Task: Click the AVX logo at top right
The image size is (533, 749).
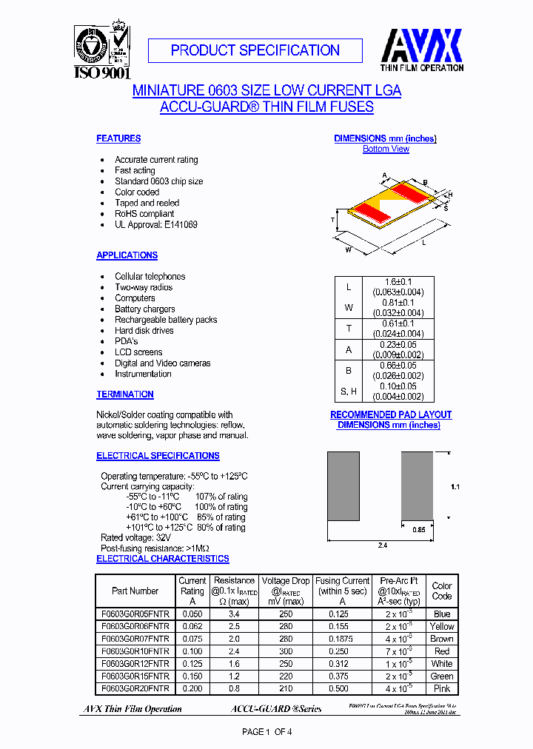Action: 422,46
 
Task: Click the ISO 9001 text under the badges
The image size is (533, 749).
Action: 102,73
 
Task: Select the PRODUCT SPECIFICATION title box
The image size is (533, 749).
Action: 255,50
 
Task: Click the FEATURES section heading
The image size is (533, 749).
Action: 118,138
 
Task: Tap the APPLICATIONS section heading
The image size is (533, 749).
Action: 127,255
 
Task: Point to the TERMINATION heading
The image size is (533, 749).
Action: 125,394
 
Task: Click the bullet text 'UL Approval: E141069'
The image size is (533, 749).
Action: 156,224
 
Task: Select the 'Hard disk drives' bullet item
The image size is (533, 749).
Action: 144,331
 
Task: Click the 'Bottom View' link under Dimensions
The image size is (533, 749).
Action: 386,149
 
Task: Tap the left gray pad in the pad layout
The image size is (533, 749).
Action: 343,486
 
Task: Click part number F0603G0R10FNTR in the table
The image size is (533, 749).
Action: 135,651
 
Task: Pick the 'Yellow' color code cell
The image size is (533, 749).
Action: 442,626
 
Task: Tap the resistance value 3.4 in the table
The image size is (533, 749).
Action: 233,614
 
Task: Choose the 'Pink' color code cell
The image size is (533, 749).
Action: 442,688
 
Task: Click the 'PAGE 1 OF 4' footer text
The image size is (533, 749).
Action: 268,732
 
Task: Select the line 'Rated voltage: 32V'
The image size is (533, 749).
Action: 135,537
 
